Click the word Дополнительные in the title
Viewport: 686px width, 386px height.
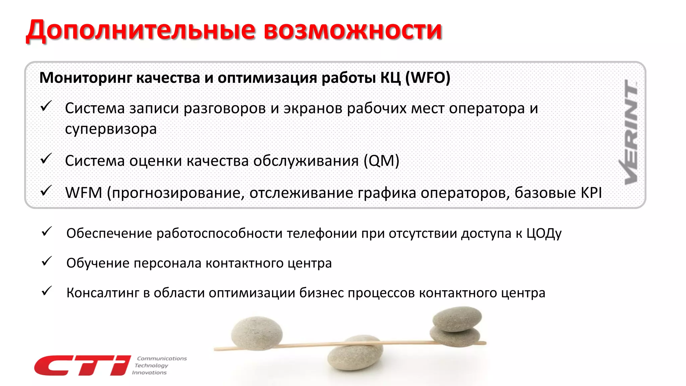point(141,30)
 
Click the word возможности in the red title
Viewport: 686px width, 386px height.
point(353,30)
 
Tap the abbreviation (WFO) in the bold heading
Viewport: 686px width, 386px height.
point(428,78)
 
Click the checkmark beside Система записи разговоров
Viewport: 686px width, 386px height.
point(46,106)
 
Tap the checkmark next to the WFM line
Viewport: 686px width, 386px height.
point(46,191)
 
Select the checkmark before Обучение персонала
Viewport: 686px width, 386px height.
point(47,261)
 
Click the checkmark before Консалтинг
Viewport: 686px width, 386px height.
point(47,291)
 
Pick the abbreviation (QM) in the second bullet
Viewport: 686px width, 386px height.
point(382,161)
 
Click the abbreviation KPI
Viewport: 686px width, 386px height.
point(591,193)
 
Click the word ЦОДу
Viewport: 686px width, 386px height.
point(544,234)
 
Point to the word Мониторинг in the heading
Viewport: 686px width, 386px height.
point(86,78)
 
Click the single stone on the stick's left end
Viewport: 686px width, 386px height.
point(257,333)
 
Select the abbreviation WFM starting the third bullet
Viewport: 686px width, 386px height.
point(83,193)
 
